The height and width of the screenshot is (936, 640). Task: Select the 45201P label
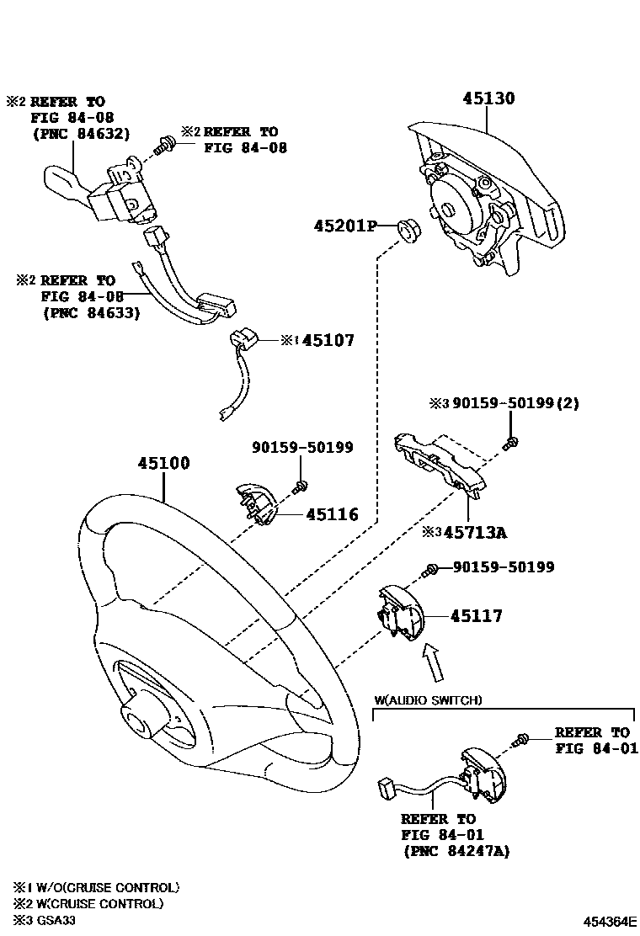pos(344,226)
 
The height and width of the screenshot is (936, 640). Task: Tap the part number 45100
pos(164,464)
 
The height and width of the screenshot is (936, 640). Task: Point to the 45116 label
pos(332,514)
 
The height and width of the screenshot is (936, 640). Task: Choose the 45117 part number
pos(476,616)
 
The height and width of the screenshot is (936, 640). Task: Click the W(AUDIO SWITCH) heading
pos(429,700)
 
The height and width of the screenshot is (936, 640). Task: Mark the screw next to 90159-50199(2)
pos(510,443)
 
